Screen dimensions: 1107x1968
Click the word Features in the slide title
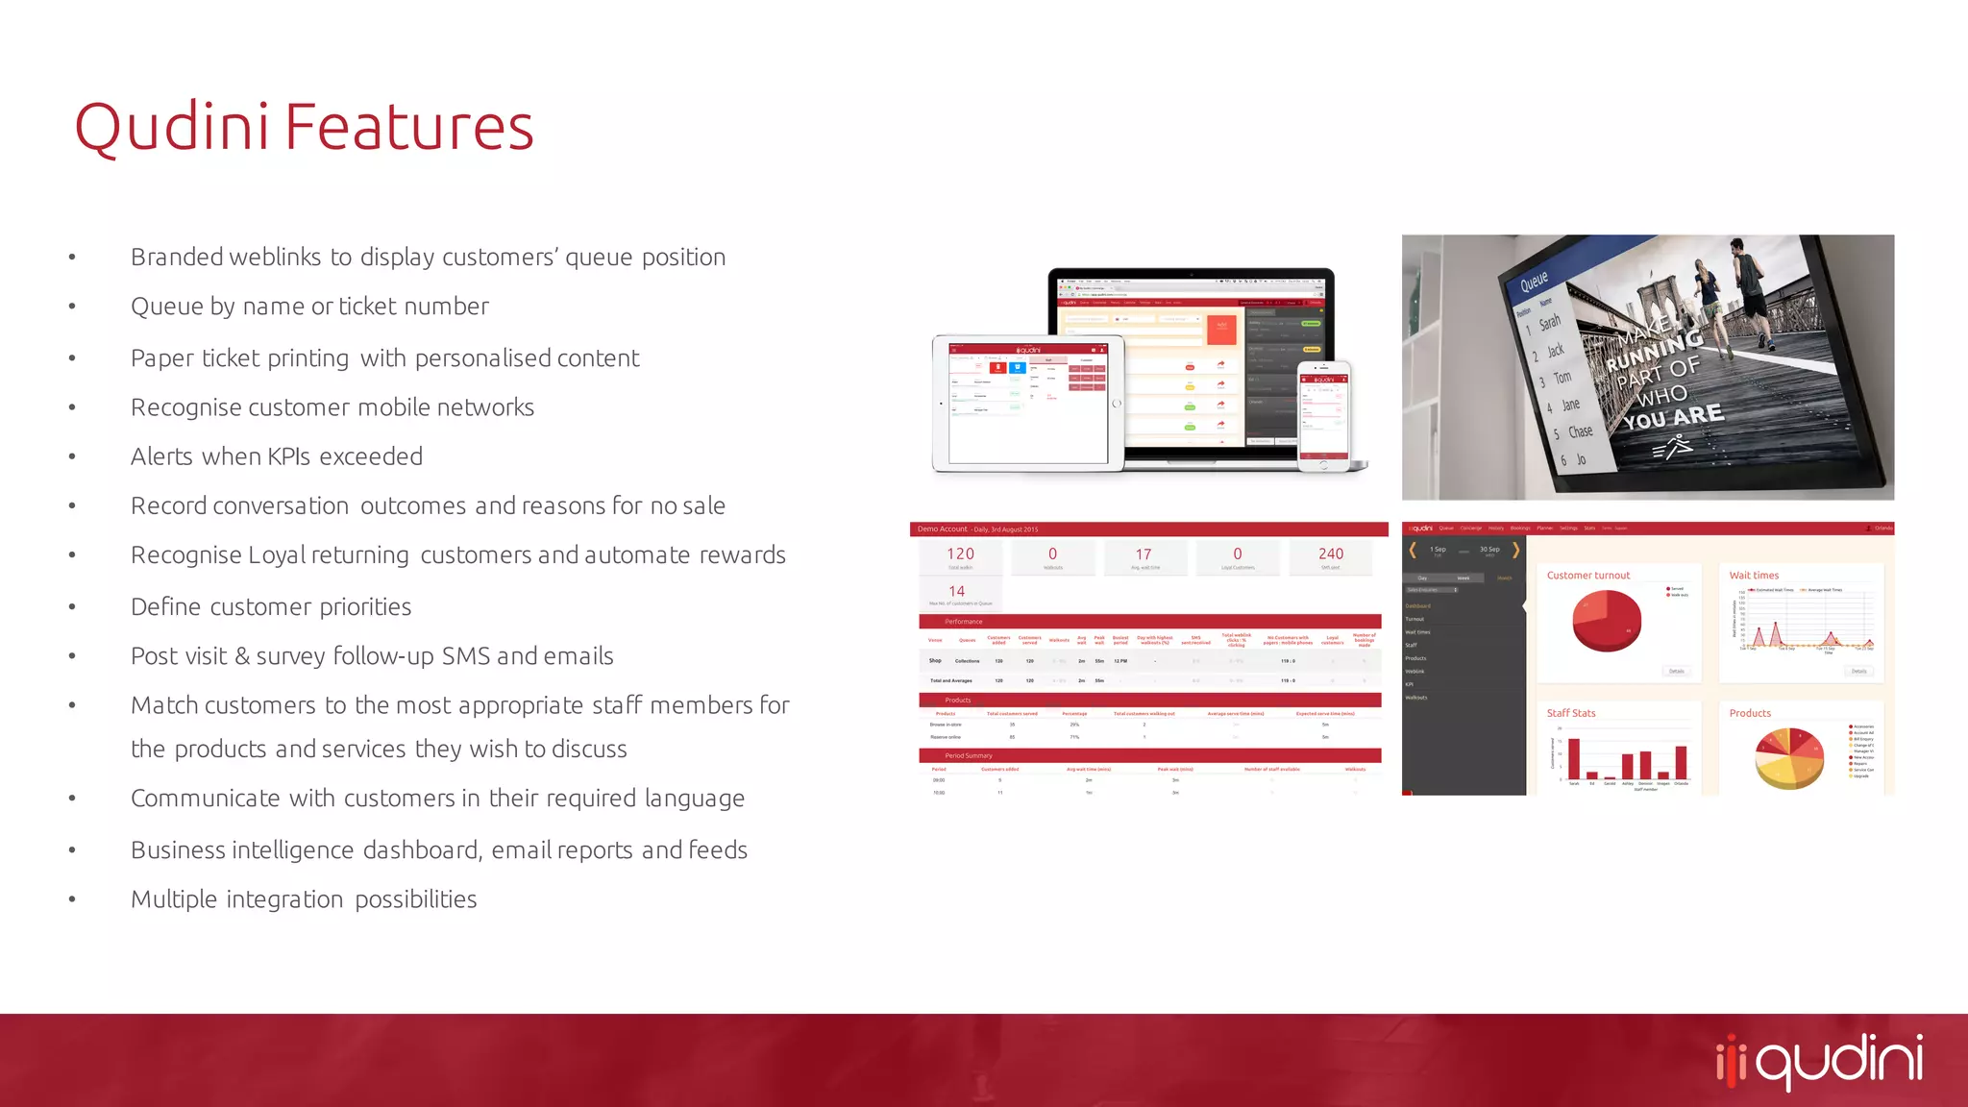(408, 128)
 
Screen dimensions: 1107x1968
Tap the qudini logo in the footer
(1820, 1061)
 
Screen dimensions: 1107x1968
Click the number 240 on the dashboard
(1331, 554)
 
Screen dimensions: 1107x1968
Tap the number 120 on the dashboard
(960, 554)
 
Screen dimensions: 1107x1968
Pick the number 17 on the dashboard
(1144, 554)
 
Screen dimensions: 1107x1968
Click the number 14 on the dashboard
(957, 591)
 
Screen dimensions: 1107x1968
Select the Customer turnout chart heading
(1587, 576)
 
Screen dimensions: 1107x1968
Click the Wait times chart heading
(1754, 576)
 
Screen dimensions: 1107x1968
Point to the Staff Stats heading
(1570, 713)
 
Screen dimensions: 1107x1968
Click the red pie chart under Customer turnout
(1606, 621)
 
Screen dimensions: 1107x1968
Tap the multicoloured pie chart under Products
(1788, 758)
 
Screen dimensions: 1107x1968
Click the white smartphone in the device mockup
(1323, 417)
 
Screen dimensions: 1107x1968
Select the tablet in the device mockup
(1027, 405)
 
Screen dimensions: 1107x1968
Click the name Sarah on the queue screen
(1550, 323)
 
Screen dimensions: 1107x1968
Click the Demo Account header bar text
(943, 529)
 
